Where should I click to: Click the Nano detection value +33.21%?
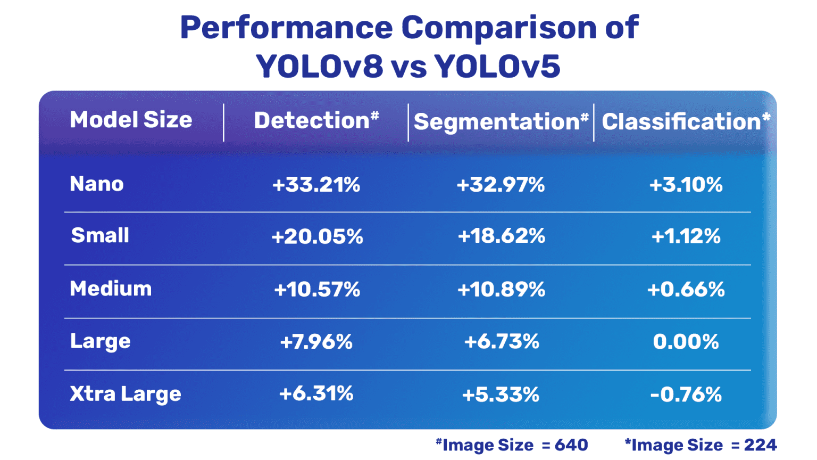point(316,185)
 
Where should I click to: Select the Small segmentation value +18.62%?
point(501,236)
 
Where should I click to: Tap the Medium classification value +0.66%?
point(686,290)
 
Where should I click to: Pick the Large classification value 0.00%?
point(686,342)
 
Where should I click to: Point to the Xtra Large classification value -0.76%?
point(686,395)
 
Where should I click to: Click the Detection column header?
point(316,121)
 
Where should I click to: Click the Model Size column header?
point(131,120)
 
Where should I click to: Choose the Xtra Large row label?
point(126,394)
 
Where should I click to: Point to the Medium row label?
point(111,289)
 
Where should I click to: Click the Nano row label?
point(97,184)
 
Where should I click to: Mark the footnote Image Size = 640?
point(512,445)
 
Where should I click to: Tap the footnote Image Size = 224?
point(701,445)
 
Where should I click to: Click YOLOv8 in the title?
point(319,67)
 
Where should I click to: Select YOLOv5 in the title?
point(497,67)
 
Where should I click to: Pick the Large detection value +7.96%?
point(316,342)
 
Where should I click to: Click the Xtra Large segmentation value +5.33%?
point(501,395)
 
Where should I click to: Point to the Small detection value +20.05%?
point(317,236)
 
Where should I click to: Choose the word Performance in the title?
point(286,28)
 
